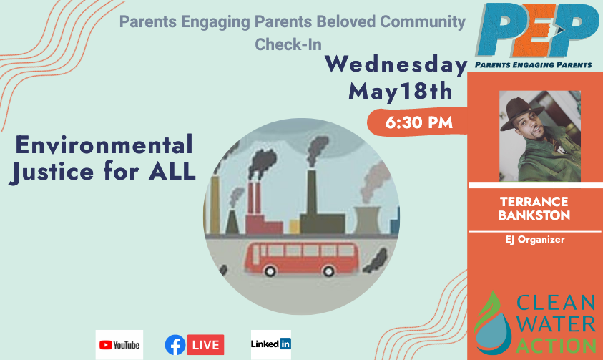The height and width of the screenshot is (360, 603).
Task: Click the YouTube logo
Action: (x=119, y=345)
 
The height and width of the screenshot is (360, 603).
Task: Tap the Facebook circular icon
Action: (x=175, y=345)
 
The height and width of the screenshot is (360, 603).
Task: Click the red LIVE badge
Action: (x=206, y=345)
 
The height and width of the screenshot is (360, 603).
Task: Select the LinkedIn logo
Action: (x=270, y=344)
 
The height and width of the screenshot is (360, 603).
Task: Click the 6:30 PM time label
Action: (x=418, y=122)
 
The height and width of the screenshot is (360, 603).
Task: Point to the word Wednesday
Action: (x=396, y=64)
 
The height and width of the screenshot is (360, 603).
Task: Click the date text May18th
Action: (x=401, y=92)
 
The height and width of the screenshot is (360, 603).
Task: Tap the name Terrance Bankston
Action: (x=534, y=208)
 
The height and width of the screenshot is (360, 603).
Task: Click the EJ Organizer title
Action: (x=535, y=240)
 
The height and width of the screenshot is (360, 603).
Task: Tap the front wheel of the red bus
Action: (x=270, y=271)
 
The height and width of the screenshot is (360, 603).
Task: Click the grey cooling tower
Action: (x=367, y=220)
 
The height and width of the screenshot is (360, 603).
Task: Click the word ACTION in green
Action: (x=556, y=346)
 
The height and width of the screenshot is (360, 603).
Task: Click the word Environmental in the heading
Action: (x=104, y=145)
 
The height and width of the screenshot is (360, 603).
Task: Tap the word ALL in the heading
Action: (x=172, y=171)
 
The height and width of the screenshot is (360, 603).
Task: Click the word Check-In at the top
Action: (x=288, y=44)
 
